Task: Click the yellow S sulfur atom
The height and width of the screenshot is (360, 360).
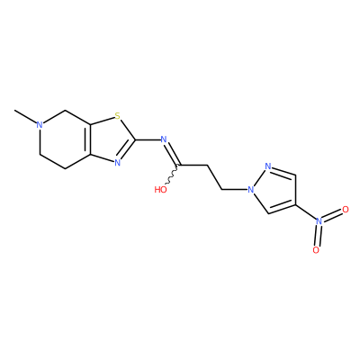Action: click(117, 115)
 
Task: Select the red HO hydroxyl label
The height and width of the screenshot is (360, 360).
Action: click(160, 190)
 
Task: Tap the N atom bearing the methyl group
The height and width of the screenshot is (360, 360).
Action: click(39, 124)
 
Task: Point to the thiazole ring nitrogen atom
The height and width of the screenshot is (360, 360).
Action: click(117, 163)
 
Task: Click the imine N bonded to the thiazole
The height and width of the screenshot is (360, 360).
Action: click(164, 139)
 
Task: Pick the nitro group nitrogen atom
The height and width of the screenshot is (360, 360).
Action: click(319, 221)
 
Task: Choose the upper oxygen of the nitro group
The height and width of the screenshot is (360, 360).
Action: click(346, 210)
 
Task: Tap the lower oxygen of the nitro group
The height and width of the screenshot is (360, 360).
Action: click(316, 250)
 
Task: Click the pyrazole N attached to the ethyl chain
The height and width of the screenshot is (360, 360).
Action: click(250, 190)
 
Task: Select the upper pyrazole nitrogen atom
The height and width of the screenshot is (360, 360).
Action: click(268, 166)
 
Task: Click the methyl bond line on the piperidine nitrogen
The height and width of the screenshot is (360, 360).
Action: click(25, 117)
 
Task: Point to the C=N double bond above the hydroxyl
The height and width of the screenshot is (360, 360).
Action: click(172, 154)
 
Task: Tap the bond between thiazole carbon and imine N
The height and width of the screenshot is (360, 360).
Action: click(147, 139)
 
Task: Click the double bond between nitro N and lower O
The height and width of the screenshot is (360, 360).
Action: click(317, 236)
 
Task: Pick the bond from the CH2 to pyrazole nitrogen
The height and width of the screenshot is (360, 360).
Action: click(234, 190)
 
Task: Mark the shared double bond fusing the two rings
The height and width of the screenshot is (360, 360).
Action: click(88, 139)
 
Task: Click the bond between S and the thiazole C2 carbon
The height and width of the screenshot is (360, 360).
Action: click(128, 130)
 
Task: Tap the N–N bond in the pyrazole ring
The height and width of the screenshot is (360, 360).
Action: click(259, 178)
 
